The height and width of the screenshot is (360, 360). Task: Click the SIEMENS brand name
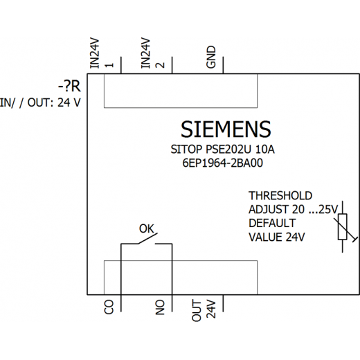226,129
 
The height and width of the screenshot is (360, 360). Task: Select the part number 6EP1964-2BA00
223,163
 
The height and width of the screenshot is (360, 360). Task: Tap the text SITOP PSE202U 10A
222,150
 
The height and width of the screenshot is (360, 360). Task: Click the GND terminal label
211,57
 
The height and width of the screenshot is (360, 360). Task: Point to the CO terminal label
109,307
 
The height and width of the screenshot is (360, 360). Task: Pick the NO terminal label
160,307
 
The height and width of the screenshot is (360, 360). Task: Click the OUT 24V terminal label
204,311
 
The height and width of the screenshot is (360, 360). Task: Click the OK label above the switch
147,228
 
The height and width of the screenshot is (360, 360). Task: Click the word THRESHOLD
280,196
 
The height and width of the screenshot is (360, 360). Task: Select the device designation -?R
69,87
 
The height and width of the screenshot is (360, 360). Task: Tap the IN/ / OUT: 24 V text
40,102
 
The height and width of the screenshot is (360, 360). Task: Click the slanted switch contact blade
148,238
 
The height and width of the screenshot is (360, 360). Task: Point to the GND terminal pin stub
223,65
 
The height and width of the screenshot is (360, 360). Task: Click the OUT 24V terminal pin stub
223,303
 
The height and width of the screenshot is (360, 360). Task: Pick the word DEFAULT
272,223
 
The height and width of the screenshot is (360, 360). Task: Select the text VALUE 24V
277,237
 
